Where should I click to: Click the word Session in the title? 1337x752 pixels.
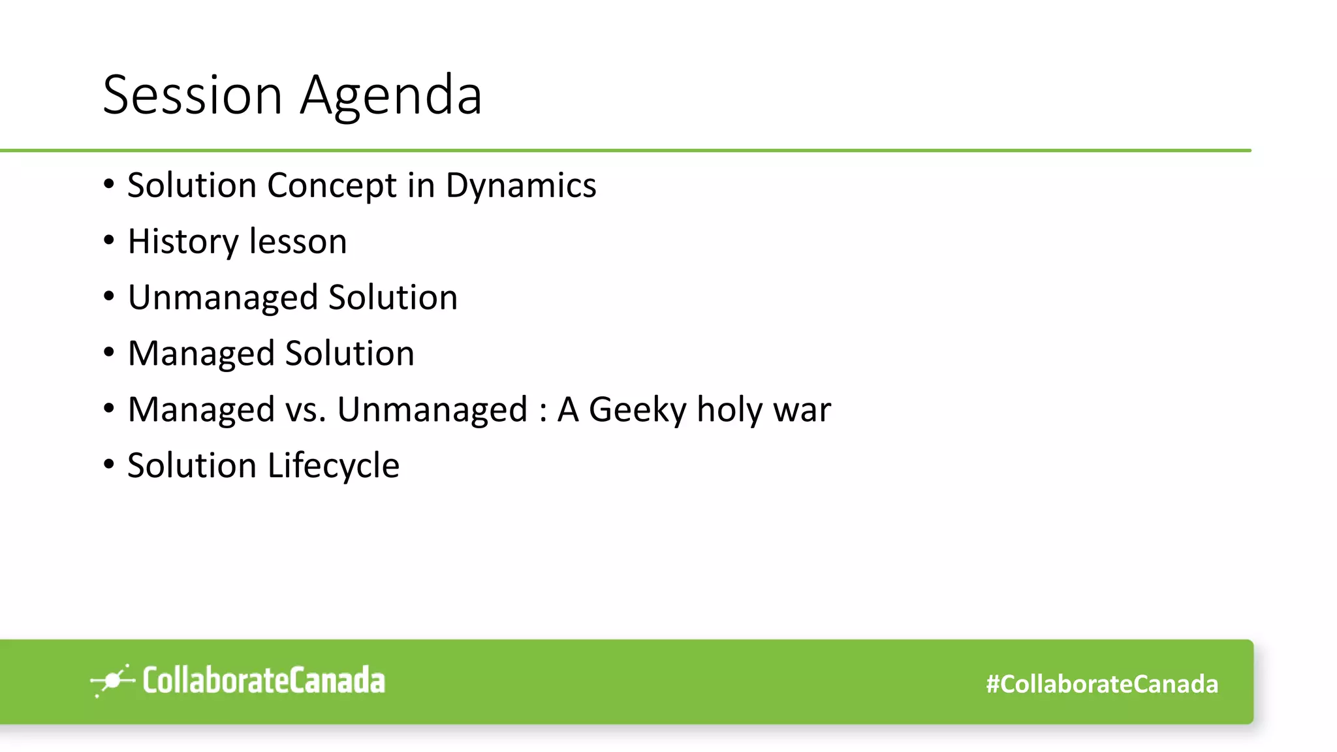tap(193, 95)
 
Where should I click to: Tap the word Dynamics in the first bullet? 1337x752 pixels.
tap(520, 185)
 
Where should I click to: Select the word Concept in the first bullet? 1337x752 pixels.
tap(332, 185)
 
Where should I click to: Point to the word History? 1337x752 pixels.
tap(183, 242)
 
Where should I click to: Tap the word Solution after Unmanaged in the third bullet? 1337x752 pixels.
tap(392, 298)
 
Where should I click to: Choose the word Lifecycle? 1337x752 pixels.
tap(333, 466)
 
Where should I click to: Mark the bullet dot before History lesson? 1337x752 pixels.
tap(109, 241)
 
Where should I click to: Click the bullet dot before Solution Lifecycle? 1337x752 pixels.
tap(109, 465)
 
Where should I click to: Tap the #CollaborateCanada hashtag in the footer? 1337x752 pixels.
tap(1101, 684)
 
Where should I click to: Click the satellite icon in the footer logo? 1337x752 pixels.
tap(112, 681)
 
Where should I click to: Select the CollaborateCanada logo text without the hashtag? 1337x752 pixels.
tap(263, 680)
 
